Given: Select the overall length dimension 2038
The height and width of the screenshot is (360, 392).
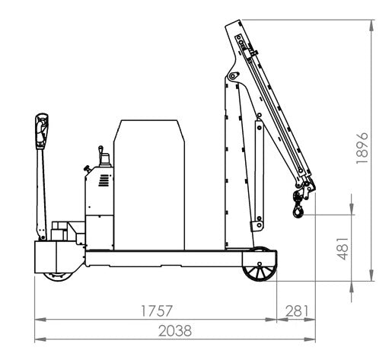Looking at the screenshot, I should click(x=174, y=331).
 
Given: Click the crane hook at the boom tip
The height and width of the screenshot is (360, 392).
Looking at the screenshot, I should click(x=296, y=206).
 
